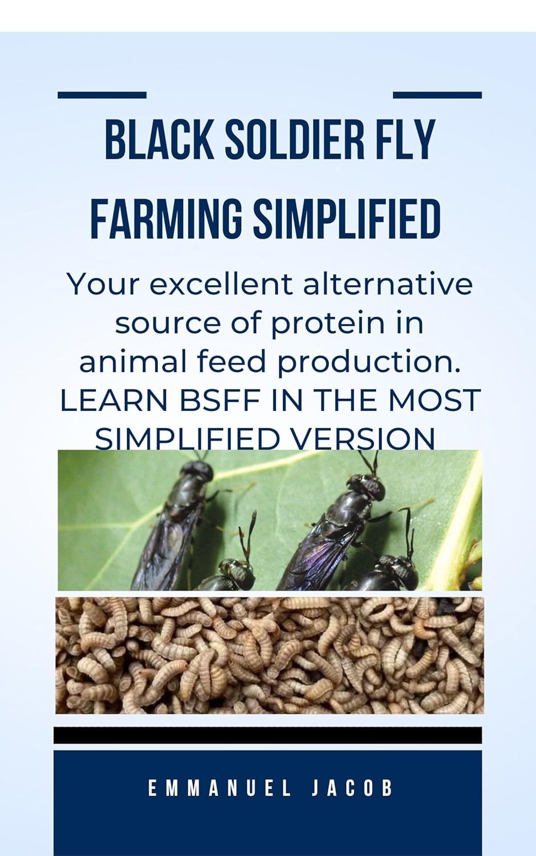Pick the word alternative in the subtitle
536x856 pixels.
click(388, 284)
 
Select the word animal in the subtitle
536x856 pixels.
click(119, 362)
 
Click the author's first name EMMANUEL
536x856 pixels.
click(220, 789)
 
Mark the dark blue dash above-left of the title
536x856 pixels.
click(102, 95)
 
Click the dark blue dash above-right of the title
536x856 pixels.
click(437, 95)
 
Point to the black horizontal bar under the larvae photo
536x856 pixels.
click(267, 735)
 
